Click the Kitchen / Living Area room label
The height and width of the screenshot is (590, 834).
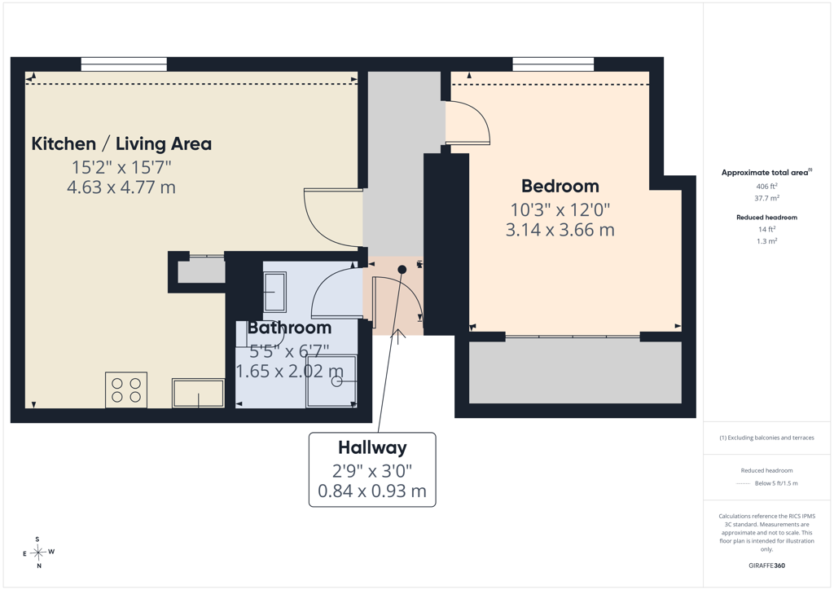click(x=121, y=143)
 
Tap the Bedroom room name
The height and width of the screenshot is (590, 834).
click(x=560, y=186)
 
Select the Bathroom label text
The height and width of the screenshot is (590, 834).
click(x=289, y=328)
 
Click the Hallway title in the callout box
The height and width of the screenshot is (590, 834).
click(x=372, y=448)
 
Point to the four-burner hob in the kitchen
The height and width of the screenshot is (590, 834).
click(x=126, y=390)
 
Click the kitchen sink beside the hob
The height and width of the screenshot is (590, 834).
click(x=198, y=393)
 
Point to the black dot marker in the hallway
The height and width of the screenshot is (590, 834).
click(x=402, y=270)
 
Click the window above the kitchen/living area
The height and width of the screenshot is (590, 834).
click(x=124, y=64)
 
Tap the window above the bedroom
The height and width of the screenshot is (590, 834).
click(x=553, y=64)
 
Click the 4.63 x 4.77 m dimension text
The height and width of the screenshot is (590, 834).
click(x=121, y=187)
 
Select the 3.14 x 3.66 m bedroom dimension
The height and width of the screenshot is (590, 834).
click(x=560, y=230)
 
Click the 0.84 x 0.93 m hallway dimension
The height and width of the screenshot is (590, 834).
click(x=372, y=491)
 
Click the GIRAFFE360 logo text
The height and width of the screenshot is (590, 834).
click(x=766, y=566)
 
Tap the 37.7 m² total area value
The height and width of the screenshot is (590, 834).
click(x=766, y=198)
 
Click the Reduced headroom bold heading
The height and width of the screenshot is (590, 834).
click(x=766, y=217)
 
